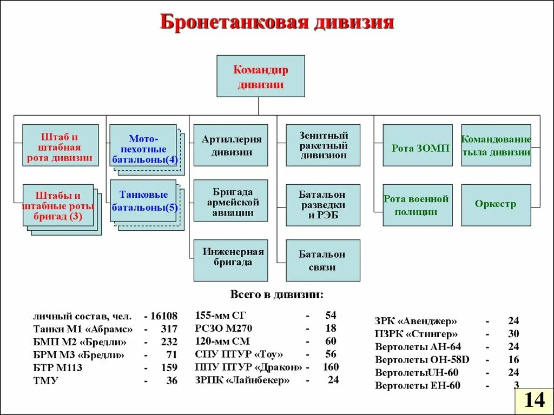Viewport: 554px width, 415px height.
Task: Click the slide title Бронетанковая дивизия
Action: click(277, 23)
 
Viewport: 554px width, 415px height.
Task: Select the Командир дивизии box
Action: click(261, 76)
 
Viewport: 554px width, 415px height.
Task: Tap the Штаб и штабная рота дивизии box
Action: click(60, 145)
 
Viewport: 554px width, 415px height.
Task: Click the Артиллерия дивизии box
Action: click(231, 145)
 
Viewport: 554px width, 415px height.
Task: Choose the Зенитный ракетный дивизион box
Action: click(323, 145)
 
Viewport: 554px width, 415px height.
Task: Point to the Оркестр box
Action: click(496, 204)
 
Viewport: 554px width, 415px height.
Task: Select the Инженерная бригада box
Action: click(231, 260)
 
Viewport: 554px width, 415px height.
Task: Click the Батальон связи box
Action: click(323, 260)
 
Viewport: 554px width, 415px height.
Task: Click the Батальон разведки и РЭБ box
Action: click(323, 205)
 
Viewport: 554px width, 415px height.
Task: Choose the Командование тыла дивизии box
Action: click(496, 145)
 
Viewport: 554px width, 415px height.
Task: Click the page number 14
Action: click(534, 400)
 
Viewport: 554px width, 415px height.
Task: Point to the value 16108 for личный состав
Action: click(164, 316)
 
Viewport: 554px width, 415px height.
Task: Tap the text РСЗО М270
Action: click(223, 329)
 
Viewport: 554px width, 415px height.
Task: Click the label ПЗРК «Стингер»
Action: click(416, 334)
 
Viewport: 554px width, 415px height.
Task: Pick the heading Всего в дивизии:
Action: click(277, 295)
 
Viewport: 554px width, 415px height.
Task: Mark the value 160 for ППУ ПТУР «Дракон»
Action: click(330, 367)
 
